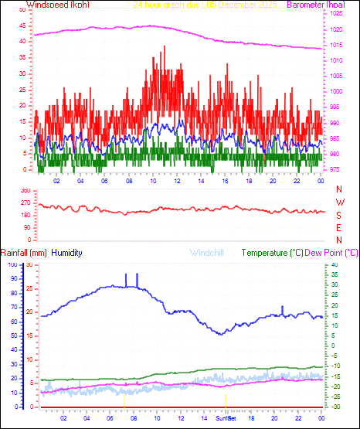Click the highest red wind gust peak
pos(164,47)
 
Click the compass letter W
pos(339,203)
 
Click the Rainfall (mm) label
pos(24,253)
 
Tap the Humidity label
pos(67,253)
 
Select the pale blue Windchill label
pos(209,253)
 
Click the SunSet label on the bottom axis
pos(227,417)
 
